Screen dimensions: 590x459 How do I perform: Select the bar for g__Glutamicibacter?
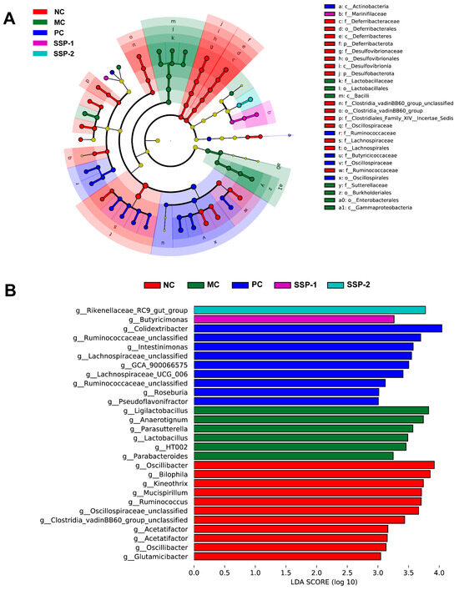[287, 556]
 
